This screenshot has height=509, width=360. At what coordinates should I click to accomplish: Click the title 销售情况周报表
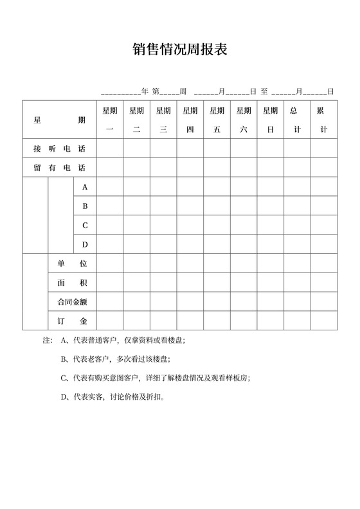click(180, 50)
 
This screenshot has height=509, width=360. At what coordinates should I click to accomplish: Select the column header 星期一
click(109, 120)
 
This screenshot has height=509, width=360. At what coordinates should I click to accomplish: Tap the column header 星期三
click(163, 120)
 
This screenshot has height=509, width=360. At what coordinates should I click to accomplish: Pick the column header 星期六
click(244, 120)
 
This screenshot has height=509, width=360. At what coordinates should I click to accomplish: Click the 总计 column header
click(296, 120)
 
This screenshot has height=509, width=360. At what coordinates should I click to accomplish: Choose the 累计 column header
click(323, 120)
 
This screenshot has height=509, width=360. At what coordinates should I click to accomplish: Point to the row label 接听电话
click(59, 148)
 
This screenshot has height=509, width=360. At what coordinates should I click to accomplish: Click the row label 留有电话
click(59, 168)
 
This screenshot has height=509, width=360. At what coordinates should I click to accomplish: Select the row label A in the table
click(85, 187)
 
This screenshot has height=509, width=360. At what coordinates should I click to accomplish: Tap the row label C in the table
click(85, 226)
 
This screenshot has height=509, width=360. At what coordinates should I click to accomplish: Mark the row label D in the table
click(85, 245)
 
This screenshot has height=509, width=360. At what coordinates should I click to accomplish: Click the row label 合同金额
click(72, 301)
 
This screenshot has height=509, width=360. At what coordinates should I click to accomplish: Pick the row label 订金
click(72, 320)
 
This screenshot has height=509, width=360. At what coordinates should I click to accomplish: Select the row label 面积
click(72, 282)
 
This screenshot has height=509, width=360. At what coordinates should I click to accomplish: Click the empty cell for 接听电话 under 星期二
click(136, 148)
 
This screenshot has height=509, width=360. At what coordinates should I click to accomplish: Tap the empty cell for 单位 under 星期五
click(217, 263)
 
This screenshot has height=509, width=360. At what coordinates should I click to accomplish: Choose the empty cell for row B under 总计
click(296, 206)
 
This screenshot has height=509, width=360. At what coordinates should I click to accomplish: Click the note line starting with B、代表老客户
click(116, 359)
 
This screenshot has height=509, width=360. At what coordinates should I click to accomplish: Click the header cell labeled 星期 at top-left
click(59, 120)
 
